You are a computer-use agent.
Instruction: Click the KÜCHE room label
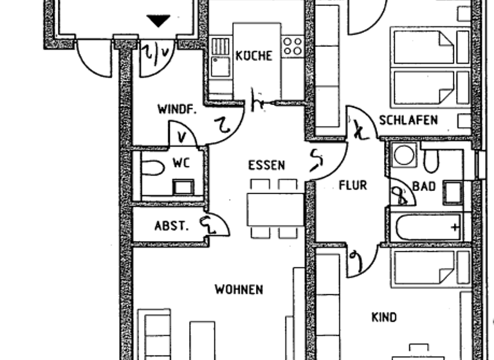(254, 56)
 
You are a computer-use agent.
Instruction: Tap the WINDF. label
(176, 109)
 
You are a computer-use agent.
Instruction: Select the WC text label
(180, 163)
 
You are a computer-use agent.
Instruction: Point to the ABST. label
(171, 226)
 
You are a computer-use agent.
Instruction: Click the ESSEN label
(266, 165)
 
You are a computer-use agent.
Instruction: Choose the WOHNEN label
(239, 289)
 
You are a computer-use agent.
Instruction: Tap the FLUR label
(353, 186)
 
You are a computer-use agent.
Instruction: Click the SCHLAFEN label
(408, 120)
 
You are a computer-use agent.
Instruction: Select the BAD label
(425, 186)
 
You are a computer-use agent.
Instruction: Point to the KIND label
(384, 317)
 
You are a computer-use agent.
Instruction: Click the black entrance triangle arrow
(158, 22)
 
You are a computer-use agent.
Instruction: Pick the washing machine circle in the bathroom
(405, 156)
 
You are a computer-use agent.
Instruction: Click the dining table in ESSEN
(275, 210)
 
